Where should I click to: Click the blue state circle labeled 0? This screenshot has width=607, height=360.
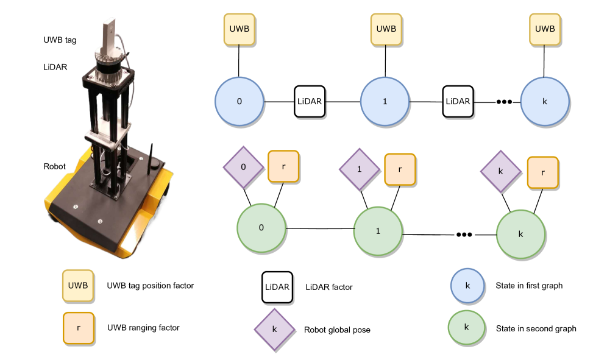click(239, 101)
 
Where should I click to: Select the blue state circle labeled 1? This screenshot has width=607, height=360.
click(385, 101)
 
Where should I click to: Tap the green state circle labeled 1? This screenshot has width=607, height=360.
click(378, 231)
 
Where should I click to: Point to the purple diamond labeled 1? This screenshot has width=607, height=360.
click(360, 168)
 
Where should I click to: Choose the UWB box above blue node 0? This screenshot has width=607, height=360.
click(239, 29)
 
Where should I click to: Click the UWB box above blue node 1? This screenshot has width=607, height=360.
click(386, 29)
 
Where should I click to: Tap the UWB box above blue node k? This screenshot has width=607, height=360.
click(545, 29)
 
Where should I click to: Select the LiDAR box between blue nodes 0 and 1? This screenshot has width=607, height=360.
click(310, 101)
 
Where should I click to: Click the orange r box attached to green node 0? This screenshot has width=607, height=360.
click(283, 166)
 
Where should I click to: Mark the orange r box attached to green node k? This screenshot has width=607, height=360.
click(543, 173)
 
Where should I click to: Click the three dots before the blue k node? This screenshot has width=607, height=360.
click(504, 102)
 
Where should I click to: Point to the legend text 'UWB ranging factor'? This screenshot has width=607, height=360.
click(143, 328)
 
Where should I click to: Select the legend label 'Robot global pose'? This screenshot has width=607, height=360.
click(337, 330)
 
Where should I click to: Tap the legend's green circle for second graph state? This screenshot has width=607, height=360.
click(466, 326)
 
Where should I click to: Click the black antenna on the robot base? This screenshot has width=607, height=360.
click(151, 155)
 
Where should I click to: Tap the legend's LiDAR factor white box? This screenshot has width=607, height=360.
click(277, 287)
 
